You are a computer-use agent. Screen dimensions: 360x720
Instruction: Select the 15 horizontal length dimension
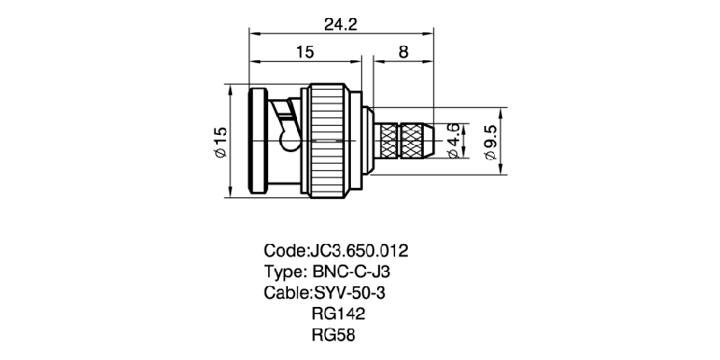pyautogui.click(x=304, y=53)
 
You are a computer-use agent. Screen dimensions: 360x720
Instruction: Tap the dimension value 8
pyautogui.click(x=402, y=53)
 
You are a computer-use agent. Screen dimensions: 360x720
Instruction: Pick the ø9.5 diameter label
pyautogui.click(x=490, y=142)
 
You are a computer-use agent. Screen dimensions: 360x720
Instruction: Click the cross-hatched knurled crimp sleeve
pyautogui.click(x=403, y=140)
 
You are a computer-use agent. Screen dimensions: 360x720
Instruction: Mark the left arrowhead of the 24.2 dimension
pyautogui.click(x=253, y=34)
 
